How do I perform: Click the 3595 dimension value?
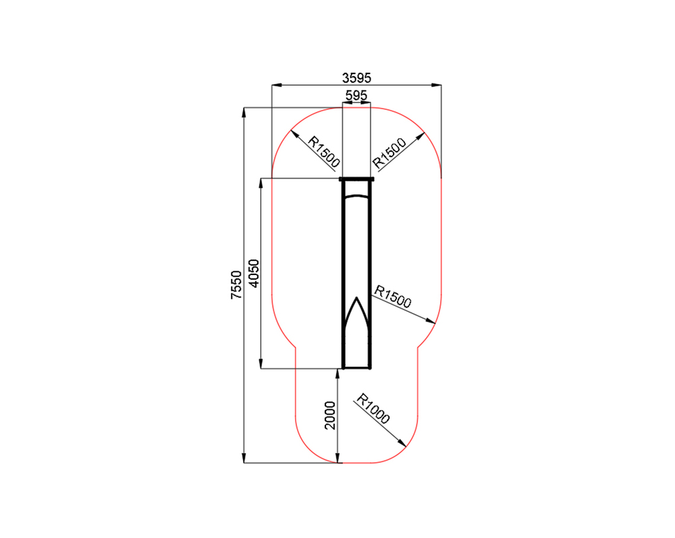pos(356,78)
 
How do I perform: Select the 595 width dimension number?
pos(356,95)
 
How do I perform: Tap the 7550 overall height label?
pos(236,285)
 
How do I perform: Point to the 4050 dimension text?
pos(254,274)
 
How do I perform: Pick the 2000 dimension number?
pos(330,415)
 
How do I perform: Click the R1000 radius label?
pos(373,409)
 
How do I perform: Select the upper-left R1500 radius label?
pos(324,152)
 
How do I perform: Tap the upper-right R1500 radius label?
pos(389,153)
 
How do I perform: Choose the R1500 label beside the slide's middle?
pos(393,297)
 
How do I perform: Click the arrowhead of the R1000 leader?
pos(402,444)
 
